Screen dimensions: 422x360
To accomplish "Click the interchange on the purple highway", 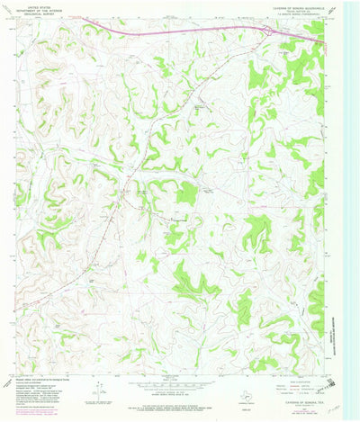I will tap(268, 31).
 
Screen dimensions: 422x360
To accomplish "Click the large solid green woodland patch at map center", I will tap(186, 193).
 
